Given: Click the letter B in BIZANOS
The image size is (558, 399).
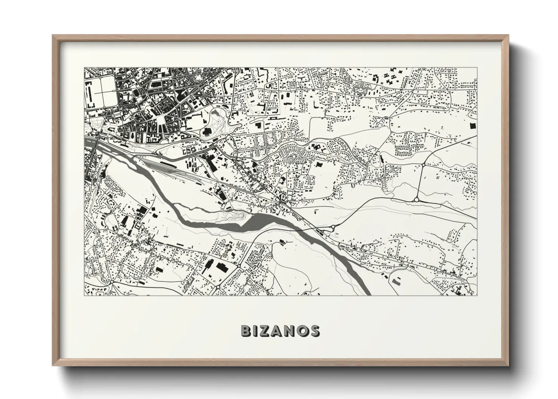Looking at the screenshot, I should pos(246,331).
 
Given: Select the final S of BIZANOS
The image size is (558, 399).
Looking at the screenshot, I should pos(314,331).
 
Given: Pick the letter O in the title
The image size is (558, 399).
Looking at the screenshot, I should pos(302,331).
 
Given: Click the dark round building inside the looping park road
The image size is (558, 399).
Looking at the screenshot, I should pos(207,132).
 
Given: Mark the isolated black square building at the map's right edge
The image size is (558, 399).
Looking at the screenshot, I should pos(472,126).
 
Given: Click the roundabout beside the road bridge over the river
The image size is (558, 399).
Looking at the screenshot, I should pos(333,227).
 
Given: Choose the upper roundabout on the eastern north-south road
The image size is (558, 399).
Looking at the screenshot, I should pos(424,165).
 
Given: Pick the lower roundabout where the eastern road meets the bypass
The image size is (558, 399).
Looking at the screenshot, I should pos(417,199).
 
